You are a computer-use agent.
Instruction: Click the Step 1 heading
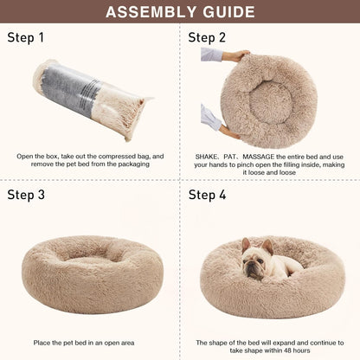coord(26,38)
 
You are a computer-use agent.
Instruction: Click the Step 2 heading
coord(208,38)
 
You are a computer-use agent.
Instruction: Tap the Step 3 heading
coord(26,195)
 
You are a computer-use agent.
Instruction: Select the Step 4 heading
coord(208,195)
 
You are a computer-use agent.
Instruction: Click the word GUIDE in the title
coord(225,12)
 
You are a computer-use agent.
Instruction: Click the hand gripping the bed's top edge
coord(236,55)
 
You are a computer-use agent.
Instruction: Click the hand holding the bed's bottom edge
coord(223,131)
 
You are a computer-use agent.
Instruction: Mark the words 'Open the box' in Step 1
coord(36,156)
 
